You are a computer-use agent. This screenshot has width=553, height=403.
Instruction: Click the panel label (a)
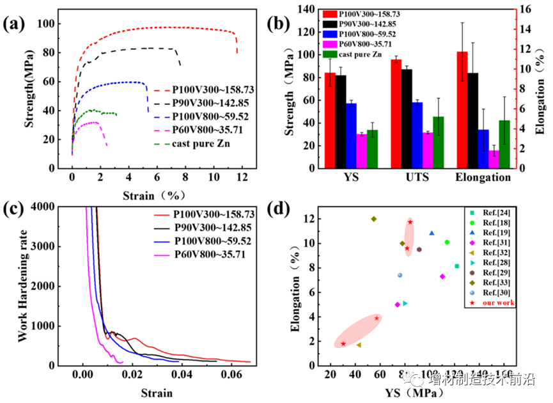[x=14, y=25]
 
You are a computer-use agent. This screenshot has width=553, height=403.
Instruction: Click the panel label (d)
[x=284, y=209]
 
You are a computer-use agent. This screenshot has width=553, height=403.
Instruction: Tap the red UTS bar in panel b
[x=396, y=113]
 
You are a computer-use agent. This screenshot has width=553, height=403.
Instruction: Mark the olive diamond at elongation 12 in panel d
[x=373, y=219]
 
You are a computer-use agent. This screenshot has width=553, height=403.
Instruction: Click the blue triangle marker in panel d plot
[x=432, y=233]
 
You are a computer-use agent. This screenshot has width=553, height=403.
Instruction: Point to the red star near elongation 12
[x=410, y=222]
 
